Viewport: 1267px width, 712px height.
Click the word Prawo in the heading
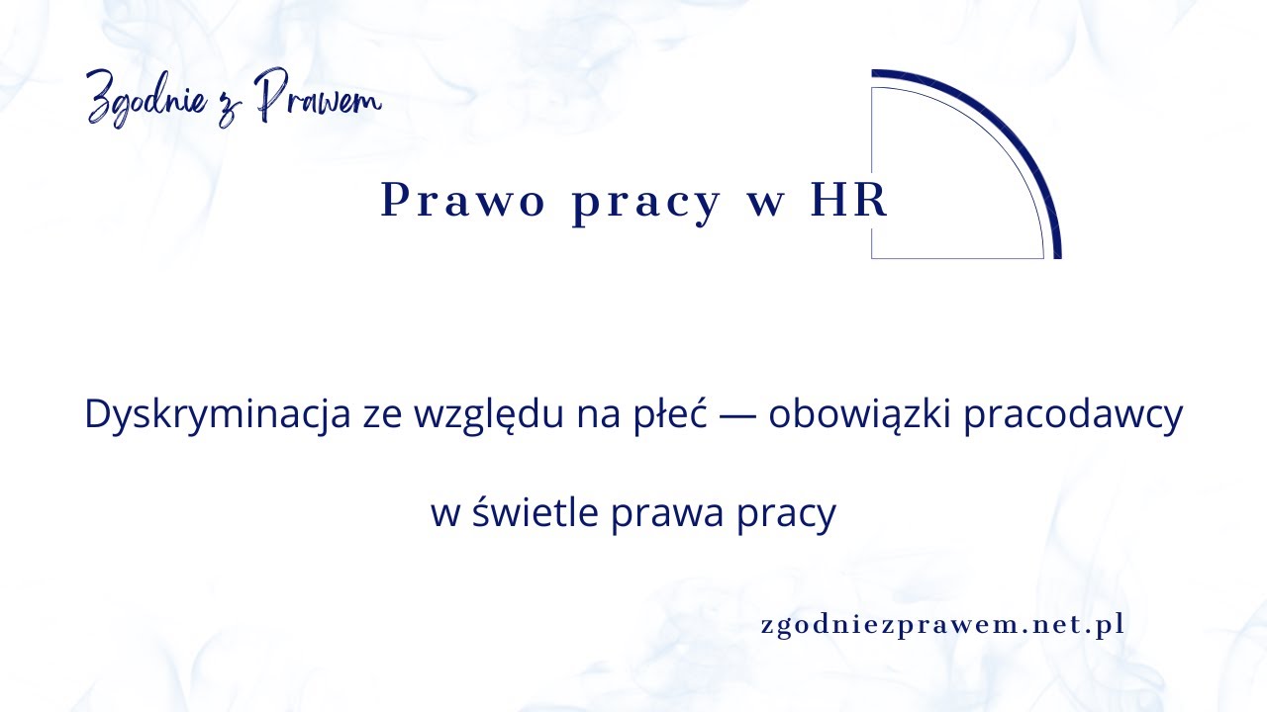pyautogui.click(x=463, y=202)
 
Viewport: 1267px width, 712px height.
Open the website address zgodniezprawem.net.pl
pyautogui.click(x=942, y=626)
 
